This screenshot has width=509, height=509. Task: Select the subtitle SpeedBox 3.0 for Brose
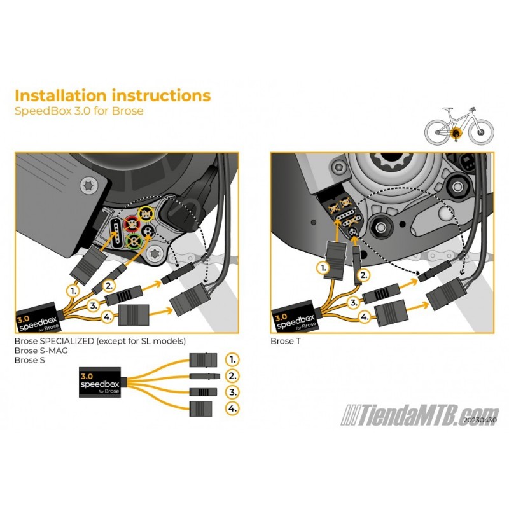pyautogui.click(x=79, y=111)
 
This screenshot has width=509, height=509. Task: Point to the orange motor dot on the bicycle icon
pyautogui.click(x=456, y=134)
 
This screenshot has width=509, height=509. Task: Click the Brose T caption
pyautogui.click(x=286, y=340)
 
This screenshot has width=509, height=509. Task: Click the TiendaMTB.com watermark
pyautogui.click(x=420, y=414)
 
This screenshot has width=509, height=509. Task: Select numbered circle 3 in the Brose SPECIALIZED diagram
pyautogui.click(x=93, y=305)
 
